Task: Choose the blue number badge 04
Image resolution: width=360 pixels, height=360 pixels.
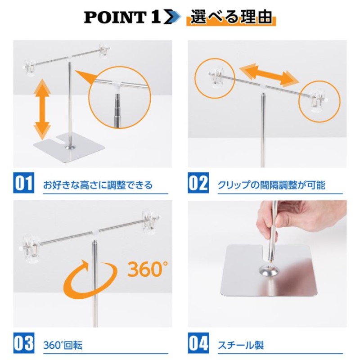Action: point(198,345)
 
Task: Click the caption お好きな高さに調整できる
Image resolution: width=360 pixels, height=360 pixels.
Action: point(98,185)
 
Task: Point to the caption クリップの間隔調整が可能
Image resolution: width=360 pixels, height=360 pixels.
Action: point(271,185)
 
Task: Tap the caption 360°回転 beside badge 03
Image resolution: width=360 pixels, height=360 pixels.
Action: point(63,346)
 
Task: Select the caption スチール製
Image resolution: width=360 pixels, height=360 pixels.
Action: point(241,346)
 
